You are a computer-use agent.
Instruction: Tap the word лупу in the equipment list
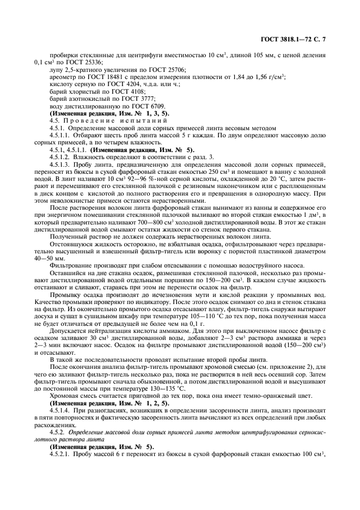pyautogui.click(x=56, y=70)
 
